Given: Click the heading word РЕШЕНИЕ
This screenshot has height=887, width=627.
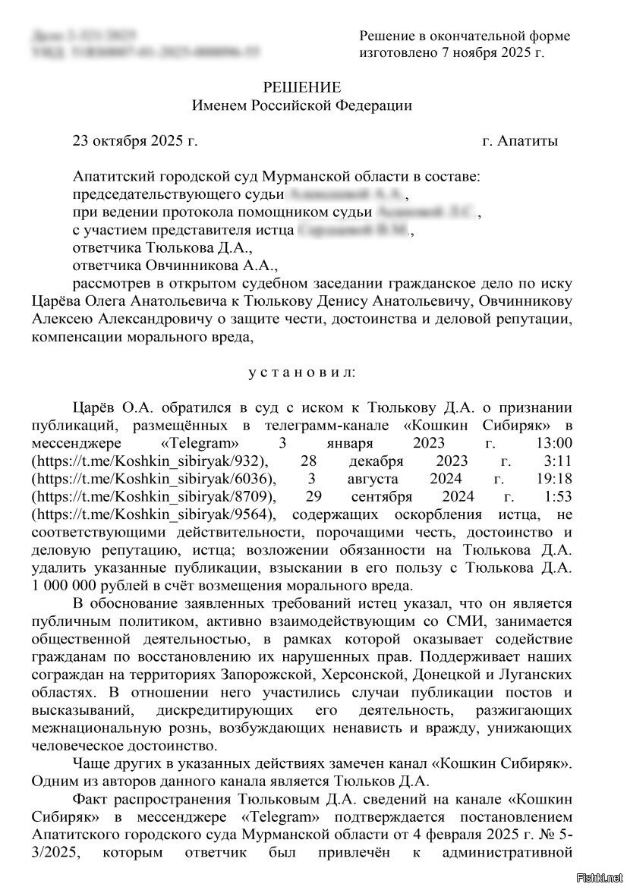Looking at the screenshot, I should pyautogui.click(x=302, y=87).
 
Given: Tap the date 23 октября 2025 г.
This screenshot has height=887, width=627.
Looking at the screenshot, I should pyautogui.click(x=134, y=141).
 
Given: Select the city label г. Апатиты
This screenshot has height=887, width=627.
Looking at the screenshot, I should pyautogui.click(x=520, y=141).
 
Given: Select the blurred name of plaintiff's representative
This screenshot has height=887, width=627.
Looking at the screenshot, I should pyautogui.click(x=354, y=230).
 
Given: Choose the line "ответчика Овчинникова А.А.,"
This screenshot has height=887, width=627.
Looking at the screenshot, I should pyautogui.click(x=175, y=266).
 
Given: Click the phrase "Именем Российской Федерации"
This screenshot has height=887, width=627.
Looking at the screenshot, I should pyautogui.click(x=302, y=105).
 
